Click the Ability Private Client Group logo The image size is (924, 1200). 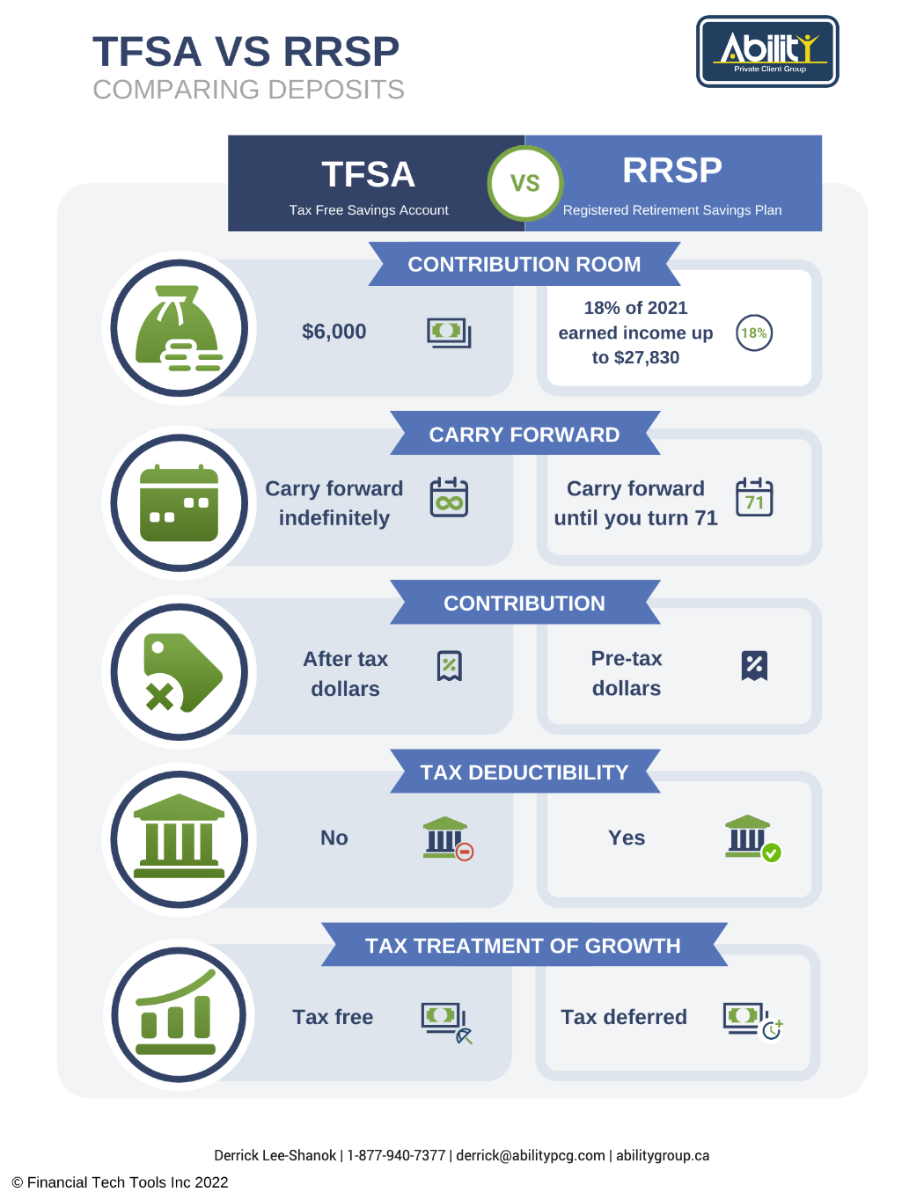tap(767, 51)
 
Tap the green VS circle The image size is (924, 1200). tap(524, 183)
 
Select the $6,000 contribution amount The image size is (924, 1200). tap(334, 332)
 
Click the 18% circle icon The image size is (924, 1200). tap(754, 333)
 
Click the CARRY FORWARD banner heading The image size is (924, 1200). tap(524, 434)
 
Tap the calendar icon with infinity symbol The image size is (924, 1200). tap(449, 497)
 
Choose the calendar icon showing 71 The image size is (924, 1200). tap(754, 497)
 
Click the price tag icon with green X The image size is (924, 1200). tap(182, 673)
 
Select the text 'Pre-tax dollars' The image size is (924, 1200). tap(627, 673)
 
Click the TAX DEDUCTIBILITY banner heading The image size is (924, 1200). tap(524, 772)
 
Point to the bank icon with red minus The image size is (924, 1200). tap(448, 838)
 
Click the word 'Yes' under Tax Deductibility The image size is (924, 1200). tap(627, 838)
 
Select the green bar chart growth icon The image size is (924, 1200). tap(176, 1012)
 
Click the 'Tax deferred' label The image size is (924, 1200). tap(624, 1017)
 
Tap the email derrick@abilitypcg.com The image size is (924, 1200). tap(531, 1155)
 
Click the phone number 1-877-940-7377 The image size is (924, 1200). tap(396, 1155)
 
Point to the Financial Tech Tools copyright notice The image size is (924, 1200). tap(120, 1182)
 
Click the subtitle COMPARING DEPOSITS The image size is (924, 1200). tap(248, 90)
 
